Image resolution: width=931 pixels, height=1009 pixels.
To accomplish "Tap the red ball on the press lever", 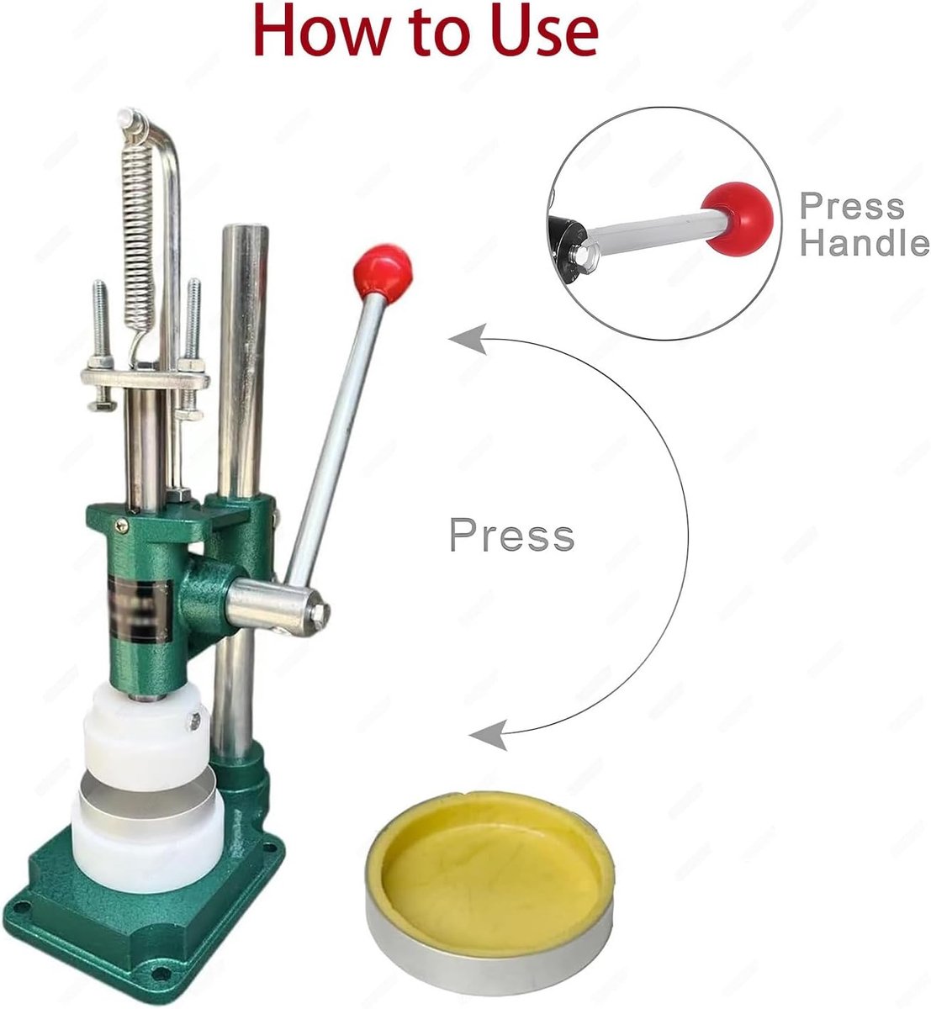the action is point(383,272).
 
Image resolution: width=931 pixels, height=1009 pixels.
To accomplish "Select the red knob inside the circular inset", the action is point(738,218).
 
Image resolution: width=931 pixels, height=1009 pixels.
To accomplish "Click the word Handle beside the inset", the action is point(865,242).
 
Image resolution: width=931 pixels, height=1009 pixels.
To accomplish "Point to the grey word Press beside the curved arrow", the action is point(511,535).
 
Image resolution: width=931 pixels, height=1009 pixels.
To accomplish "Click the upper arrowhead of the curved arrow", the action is point(468,339).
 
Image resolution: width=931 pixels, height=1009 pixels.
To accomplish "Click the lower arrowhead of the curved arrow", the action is point(489,735).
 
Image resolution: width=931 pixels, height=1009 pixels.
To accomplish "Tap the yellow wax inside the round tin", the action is point(490,864).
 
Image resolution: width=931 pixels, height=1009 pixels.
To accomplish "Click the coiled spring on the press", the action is point(138,239).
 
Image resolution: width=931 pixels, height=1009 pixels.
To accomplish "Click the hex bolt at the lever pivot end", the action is point(320,613).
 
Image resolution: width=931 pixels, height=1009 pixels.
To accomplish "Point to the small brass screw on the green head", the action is point(121,526).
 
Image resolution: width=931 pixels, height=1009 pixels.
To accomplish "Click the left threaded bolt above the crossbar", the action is point(99,321).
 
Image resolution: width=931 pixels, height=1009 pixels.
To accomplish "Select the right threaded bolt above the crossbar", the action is point(193,320).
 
